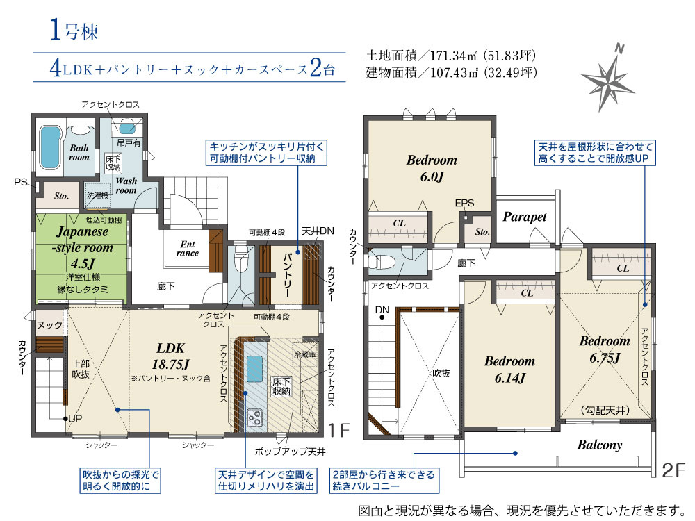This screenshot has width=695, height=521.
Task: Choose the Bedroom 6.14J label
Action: [x=509, y=369]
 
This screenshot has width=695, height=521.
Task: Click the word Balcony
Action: [x=599, y=445]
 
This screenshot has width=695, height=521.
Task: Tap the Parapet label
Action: [x=525, y=217]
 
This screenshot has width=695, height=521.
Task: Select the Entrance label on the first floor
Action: [x=188, y=249]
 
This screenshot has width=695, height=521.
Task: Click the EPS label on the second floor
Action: [x=464, y=204]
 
